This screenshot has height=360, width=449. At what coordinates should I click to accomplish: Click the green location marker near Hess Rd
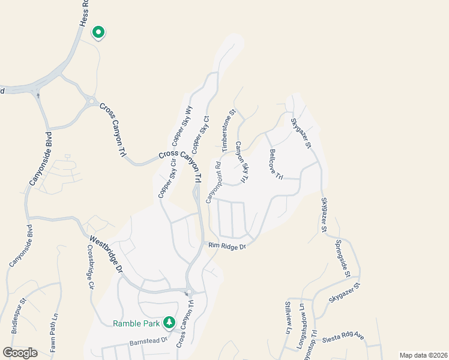[98, 32]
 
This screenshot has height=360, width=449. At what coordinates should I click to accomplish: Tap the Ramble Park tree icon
[169, 323]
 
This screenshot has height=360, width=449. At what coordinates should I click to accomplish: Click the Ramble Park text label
[136, 324]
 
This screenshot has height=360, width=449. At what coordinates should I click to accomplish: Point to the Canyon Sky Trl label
[242, 162]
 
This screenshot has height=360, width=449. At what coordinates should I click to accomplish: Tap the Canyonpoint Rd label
[214, 182]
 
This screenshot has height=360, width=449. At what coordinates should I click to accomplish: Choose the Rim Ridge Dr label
[228, 246]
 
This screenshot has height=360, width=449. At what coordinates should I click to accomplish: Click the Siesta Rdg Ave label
[345, 337]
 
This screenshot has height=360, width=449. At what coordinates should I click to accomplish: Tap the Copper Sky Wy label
[182, 127]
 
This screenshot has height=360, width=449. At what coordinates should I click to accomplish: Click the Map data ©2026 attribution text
[423, 355]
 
